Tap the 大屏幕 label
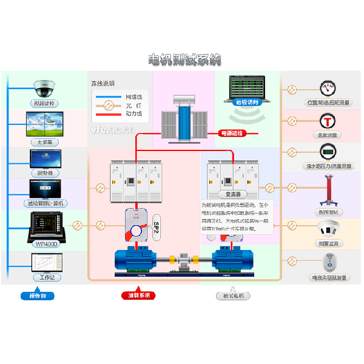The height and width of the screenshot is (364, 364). point(44,142)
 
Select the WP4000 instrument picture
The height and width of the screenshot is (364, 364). point(44,227)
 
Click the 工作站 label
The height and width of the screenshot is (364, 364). point(44,277)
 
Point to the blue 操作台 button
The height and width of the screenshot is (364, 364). point(37,295)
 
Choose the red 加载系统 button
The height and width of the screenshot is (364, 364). point(138,295)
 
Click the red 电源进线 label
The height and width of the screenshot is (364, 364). point(231,133)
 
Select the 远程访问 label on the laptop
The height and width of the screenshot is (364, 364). point(247,103)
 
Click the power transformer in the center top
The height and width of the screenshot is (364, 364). point(184,120)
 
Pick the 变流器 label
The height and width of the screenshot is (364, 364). point(234,195)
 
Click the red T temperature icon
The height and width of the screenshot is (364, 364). point(328,120)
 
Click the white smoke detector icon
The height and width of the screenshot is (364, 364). point(328,229)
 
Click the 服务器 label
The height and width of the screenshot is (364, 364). point(45,173)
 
